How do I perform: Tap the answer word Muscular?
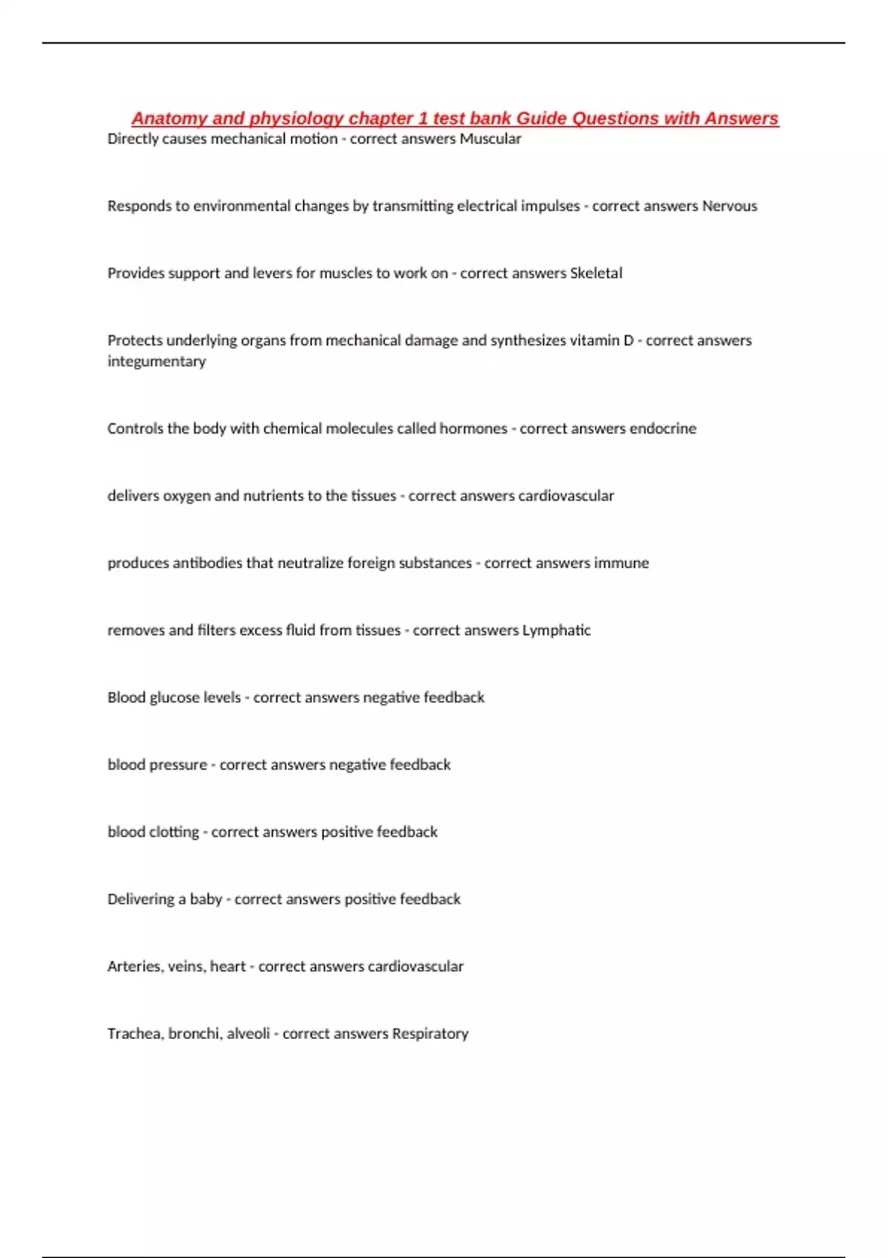click(490, 139)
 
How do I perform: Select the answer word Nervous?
click(729, 206)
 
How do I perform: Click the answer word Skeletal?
click(596, 273)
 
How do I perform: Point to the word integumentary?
click(156, 361)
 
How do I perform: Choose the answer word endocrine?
click(662, 428)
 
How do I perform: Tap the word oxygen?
click(186, 497)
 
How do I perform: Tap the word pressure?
click(178, 765)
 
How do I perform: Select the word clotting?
click(174, 832)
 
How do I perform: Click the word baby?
click(206, 900)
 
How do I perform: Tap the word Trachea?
click(134, 1034)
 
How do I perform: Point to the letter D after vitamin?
click(628, 340)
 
